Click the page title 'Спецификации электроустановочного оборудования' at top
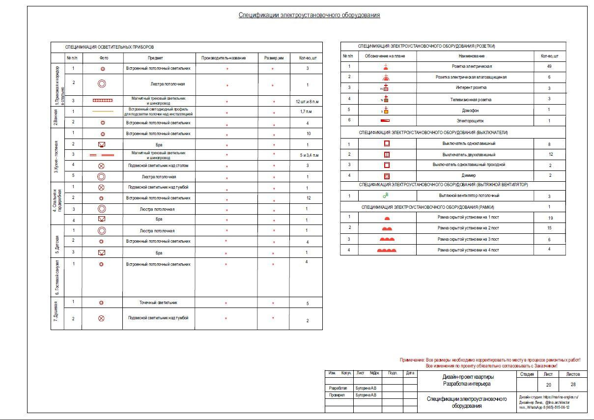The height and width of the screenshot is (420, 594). click(x=309, y=15)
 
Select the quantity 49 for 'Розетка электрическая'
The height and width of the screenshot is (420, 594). click(x=549, y=66)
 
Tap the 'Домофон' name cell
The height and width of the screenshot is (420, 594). click(x=475, y=110)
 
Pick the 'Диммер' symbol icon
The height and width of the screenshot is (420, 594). click(x=387, y=175)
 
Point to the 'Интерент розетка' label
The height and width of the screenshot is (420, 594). click(x=475, y=88)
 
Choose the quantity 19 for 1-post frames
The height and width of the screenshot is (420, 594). click(x=549, y=218)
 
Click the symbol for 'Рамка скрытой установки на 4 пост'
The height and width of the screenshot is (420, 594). click(x=387, y=250)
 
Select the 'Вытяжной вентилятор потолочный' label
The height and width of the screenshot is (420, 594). click(x=475, y=196)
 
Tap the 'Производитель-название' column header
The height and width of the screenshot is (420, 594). click(x=226, y=58)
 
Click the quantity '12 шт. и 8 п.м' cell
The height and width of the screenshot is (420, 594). click(x=306, y=102)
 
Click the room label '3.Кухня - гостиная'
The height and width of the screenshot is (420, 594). click(x=57, y=155)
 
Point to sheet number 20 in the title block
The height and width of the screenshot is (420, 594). click(x=548, y=385)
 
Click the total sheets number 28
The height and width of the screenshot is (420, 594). click(x=573, y=385)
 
